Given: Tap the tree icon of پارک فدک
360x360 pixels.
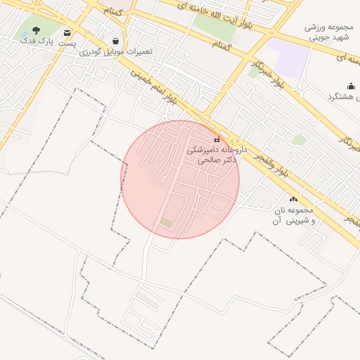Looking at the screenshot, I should [x=37, y=30].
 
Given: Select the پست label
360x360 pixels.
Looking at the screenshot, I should [x=67, y=44].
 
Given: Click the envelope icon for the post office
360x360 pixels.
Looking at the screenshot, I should [x=67, y=33].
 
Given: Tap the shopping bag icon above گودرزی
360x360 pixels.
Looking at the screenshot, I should [x=115, y=41].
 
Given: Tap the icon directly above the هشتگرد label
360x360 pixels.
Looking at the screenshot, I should [x=351, y=86].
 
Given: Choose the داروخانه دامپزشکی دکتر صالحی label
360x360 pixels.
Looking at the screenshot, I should [x=212, y=155].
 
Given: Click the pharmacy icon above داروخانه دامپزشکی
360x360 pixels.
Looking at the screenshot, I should [x=216, y=139].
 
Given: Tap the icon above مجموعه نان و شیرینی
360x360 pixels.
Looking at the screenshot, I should [x=293, y=200].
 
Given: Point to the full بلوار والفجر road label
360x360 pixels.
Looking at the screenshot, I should [x=279, y=162].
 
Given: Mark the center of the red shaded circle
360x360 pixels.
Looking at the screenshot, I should [x=180, y=179].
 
